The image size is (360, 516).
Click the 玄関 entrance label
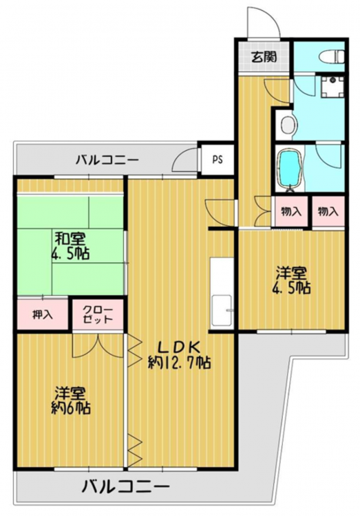264,58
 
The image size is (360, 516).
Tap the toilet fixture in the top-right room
332,56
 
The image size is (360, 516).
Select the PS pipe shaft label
217,160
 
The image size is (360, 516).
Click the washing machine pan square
332,87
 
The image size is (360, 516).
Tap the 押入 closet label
43,314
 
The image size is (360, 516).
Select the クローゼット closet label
98,314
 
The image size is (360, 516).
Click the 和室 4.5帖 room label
70,246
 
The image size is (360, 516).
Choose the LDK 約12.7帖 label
180,356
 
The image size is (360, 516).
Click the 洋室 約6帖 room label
71,400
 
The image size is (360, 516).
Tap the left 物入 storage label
291,212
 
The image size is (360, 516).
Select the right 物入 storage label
328,212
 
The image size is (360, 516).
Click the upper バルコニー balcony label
107,160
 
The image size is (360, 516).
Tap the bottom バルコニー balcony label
125,486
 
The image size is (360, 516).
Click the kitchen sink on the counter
222,309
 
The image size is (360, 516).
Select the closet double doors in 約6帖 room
98,346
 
